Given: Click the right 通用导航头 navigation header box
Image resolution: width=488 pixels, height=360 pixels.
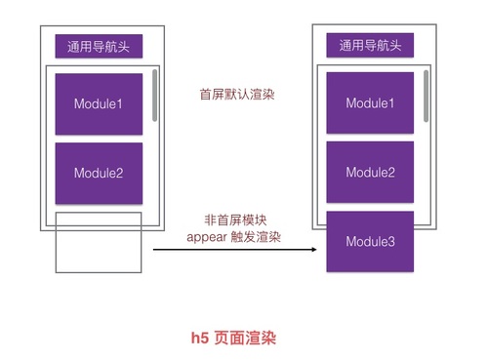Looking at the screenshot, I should [370, 45].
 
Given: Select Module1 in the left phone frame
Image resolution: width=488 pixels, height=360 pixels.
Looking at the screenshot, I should [99, 103].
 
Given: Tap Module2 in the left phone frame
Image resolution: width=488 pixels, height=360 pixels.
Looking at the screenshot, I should [99, 174].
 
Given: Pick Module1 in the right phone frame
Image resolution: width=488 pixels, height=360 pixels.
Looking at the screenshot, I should [370, 103].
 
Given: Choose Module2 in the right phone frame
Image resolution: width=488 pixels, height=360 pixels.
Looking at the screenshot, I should [370, 173].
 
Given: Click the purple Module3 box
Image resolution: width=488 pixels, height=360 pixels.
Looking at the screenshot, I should [370, 241].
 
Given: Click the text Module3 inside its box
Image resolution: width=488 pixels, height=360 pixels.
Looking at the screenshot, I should [370, 241].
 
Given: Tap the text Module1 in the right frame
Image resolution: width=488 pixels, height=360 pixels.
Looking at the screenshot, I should [370, 103].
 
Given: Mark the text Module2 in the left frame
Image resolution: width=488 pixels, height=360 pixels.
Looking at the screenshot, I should [99, 174].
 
